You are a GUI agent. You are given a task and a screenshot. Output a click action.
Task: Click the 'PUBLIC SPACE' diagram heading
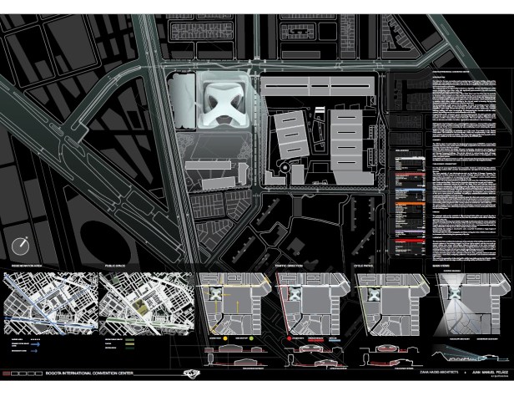114,269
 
